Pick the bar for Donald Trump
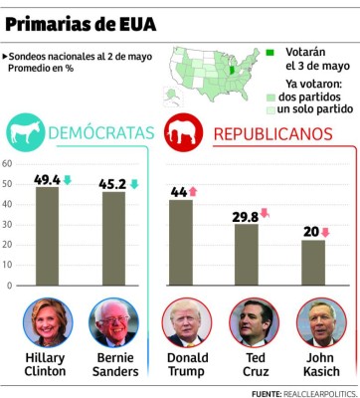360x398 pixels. tap(181, 242)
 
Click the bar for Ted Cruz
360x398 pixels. tap(246, 255)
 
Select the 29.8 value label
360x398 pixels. tap(244, 216)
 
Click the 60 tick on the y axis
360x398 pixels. tap(7, 163)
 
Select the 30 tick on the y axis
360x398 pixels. tap(7, 224)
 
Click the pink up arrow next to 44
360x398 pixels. tap(193, 191)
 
